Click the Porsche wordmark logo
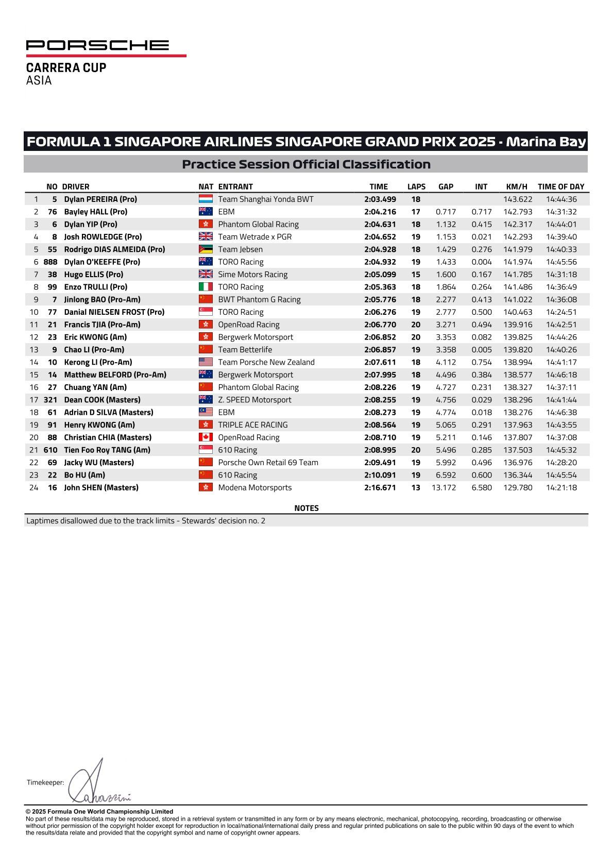98,45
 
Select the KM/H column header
517,186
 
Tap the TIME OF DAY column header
561,186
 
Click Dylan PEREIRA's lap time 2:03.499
380,199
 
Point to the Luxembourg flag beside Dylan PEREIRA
206,199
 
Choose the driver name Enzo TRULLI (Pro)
95,287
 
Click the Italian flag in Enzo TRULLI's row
206,287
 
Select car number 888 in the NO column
50,262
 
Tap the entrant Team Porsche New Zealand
266,362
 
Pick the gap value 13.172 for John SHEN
444,487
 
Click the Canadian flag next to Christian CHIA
206,437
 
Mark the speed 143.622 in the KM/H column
518,199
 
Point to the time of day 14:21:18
561,487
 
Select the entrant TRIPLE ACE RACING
252,425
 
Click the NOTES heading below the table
306,508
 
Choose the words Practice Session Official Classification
306,164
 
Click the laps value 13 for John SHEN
415,487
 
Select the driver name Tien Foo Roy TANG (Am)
107,450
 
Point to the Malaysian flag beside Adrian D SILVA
206,412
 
